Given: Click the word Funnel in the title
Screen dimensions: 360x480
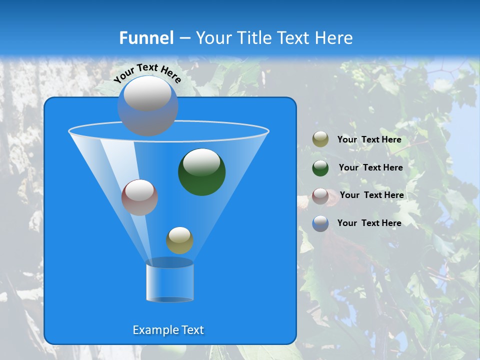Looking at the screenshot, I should (146, 38).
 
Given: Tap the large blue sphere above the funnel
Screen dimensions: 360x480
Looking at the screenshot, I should (147, 106).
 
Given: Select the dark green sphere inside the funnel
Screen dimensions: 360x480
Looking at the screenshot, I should (201, 172).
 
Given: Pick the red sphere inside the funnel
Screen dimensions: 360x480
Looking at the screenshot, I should (139, 197).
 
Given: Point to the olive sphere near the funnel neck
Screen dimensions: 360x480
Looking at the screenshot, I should (179, 240).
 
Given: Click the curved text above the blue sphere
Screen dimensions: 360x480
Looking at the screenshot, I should (147, 73).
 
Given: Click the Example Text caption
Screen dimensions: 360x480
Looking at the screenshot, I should (168, 330).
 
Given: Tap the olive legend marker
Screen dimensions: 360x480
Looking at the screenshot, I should (320, 139).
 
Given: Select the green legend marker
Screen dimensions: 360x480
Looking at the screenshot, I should (320, 168).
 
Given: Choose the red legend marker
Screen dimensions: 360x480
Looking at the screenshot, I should (320, 196).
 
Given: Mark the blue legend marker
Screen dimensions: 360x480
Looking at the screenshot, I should (320, 223).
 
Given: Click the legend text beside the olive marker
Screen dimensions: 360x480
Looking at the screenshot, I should (369, 140).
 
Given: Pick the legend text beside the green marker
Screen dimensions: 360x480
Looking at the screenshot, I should (370, 167).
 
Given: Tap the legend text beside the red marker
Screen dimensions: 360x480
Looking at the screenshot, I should (371, 195).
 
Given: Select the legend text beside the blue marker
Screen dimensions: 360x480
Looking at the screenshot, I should (369, 223).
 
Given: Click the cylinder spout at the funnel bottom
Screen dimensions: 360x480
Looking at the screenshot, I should (169, 281).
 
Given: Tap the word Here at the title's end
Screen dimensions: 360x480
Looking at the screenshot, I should (334, 38).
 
